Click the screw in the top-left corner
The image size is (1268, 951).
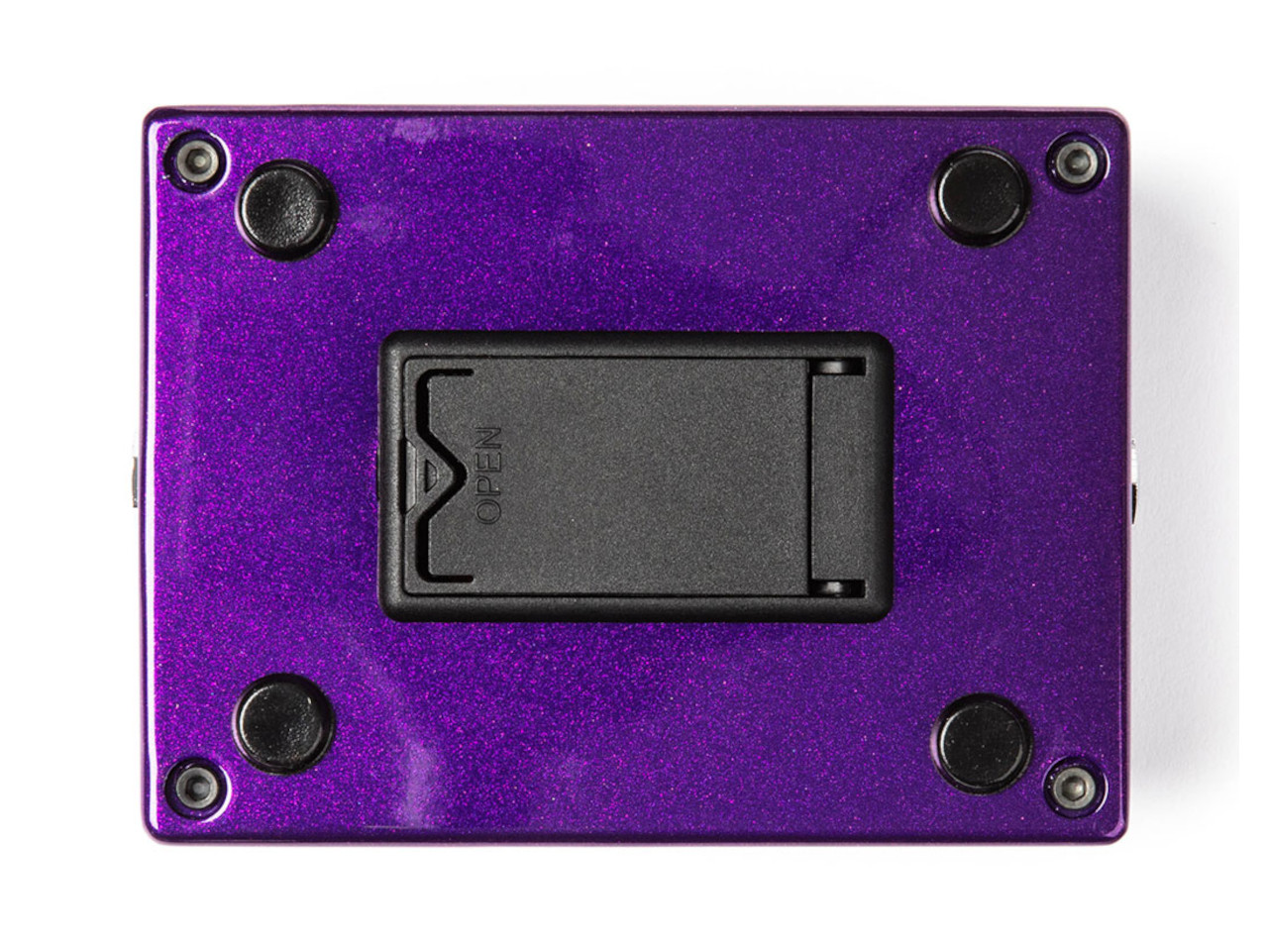pos(197,161)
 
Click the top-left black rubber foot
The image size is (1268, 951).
pos(287,210)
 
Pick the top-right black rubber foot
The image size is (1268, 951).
pos(979,197)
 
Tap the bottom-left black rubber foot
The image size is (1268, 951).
pos(284,724)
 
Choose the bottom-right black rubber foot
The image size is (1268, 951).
pos(981,744)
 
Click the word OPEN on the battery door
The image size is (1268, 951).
pos(488,475)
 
